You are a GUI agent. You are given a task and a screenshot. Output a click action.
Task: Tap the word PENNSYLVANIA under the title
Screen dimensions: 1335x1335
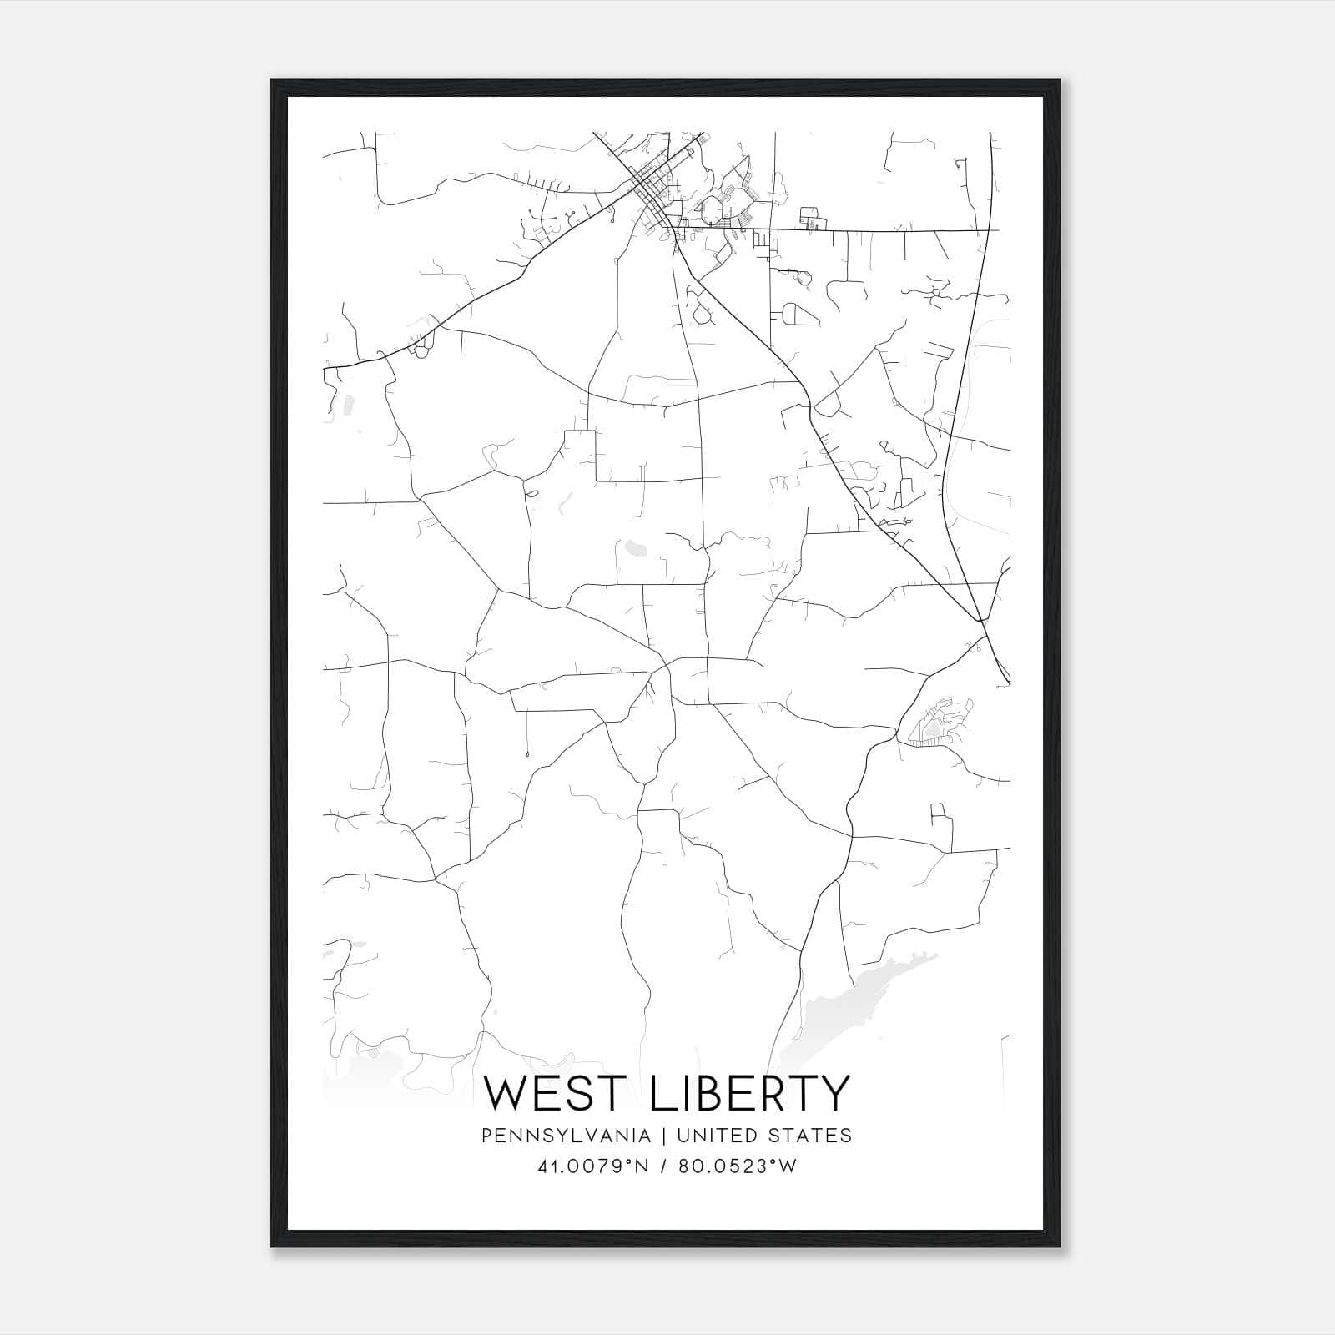tap(554, 1136)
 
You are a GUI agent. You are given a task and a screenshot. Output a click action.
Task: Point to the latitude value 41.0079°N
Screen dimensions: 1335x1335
tap(593, 1166)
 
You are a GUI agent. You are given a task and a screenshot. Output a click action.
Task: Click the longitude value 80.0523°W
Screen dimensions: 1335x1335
tap(736, 1166)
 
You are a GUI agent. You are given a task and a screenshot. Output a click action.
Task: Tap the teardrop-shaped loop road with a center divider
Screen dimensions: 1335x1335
tap(797, 315)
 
